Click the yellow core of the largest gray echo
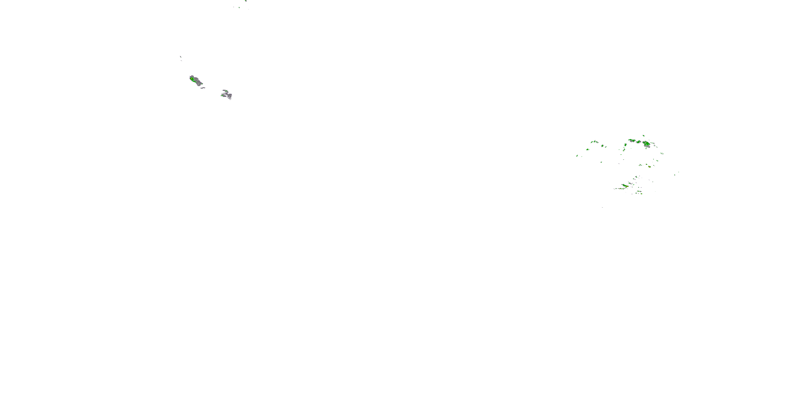(x=192, y=79)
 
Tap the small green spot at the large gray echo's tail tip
(x=202, y=83)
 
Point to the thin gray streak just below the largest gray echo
(x=203, y=88)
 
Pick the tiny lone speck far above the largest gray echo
(x=181, y=57)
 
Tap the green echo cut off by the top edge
(x=246, y=1)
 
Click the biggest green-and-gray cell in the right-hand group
(x=646, y=144)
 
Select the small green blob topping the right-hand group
(x=644, y=136)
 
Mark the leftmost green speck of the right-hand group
(x=577, y=156)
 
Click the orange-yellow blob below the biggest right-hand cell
(x=649, y=166)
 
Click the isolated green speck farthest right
(x=679, y=172)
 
